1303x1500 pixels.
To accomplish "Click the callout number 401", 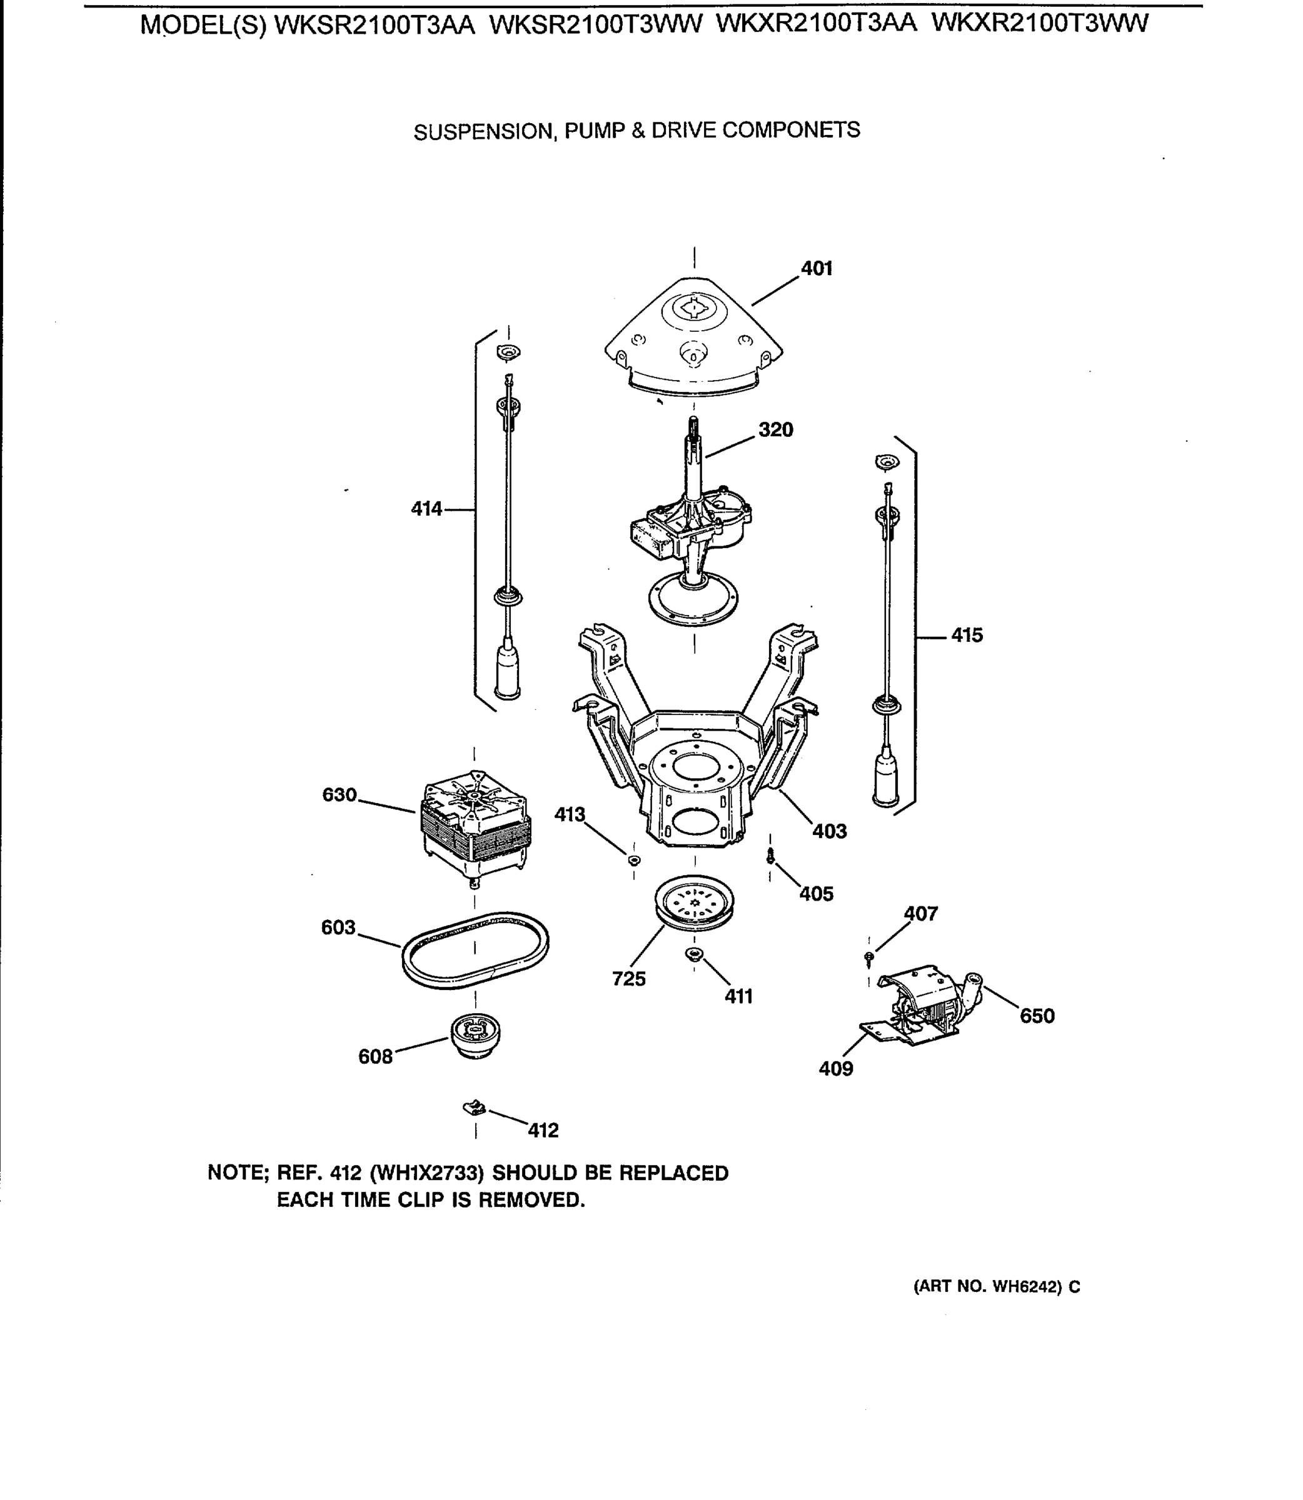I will click(817, 269).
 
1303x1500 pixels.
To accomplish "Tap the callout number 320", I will click(776, 429).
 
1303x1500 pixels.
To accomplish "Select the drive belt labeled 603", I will click(475, 949).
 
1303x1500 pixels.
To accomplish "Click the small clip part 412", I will click(474, 1108).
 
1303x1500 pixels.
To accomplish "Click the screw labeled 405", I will click(771, 858).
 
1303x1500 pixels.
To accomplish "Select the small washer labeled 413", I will click(634, 861).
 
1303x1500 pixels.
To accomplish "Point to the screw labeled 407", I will click(869, 959).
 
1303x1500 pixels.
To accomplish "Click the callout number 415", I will click(967, 635).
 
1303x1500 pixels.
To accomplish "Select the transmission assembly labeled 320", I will click(691, 531).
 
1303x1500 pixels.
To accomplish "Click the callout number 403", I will click(829, 831).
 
